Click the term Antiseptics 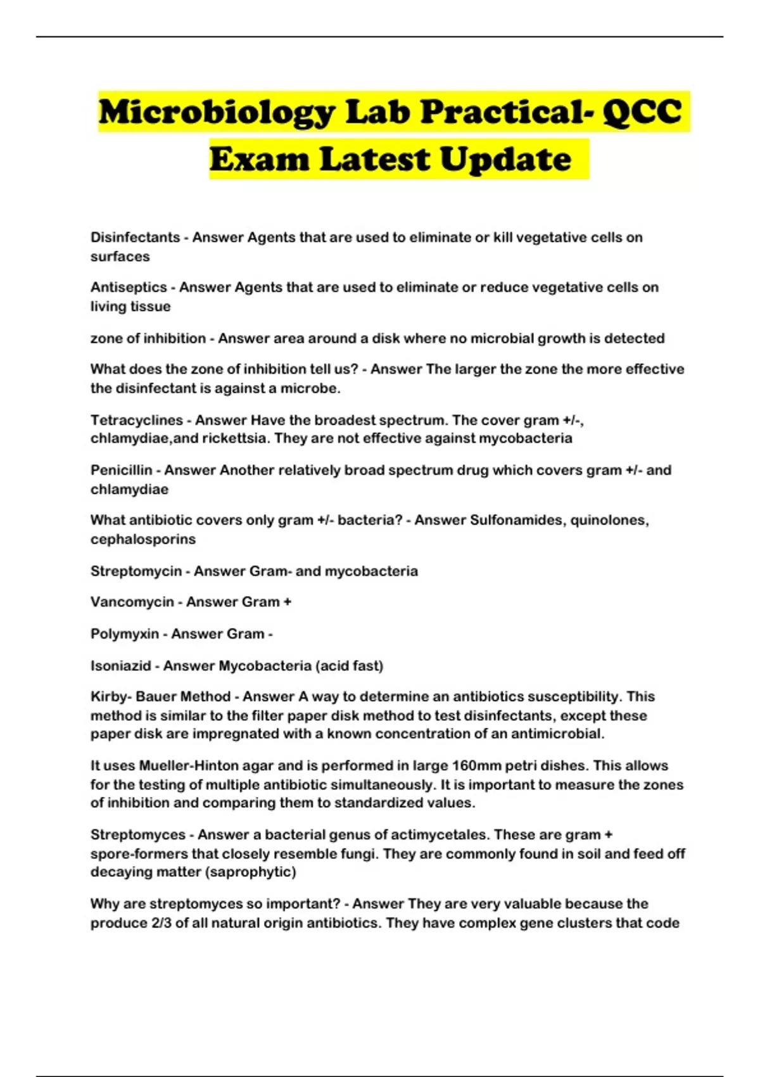coord(128,288)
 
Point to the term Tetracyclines coord(137,420)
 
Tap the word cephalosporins coord(143,539)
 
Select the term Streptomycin coord(136,571)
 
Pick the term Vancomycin coord(132,602)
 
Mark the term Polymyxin coord(125,634)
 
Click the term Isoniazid coord(121,666)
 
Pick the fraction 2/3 coord(161,922)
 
